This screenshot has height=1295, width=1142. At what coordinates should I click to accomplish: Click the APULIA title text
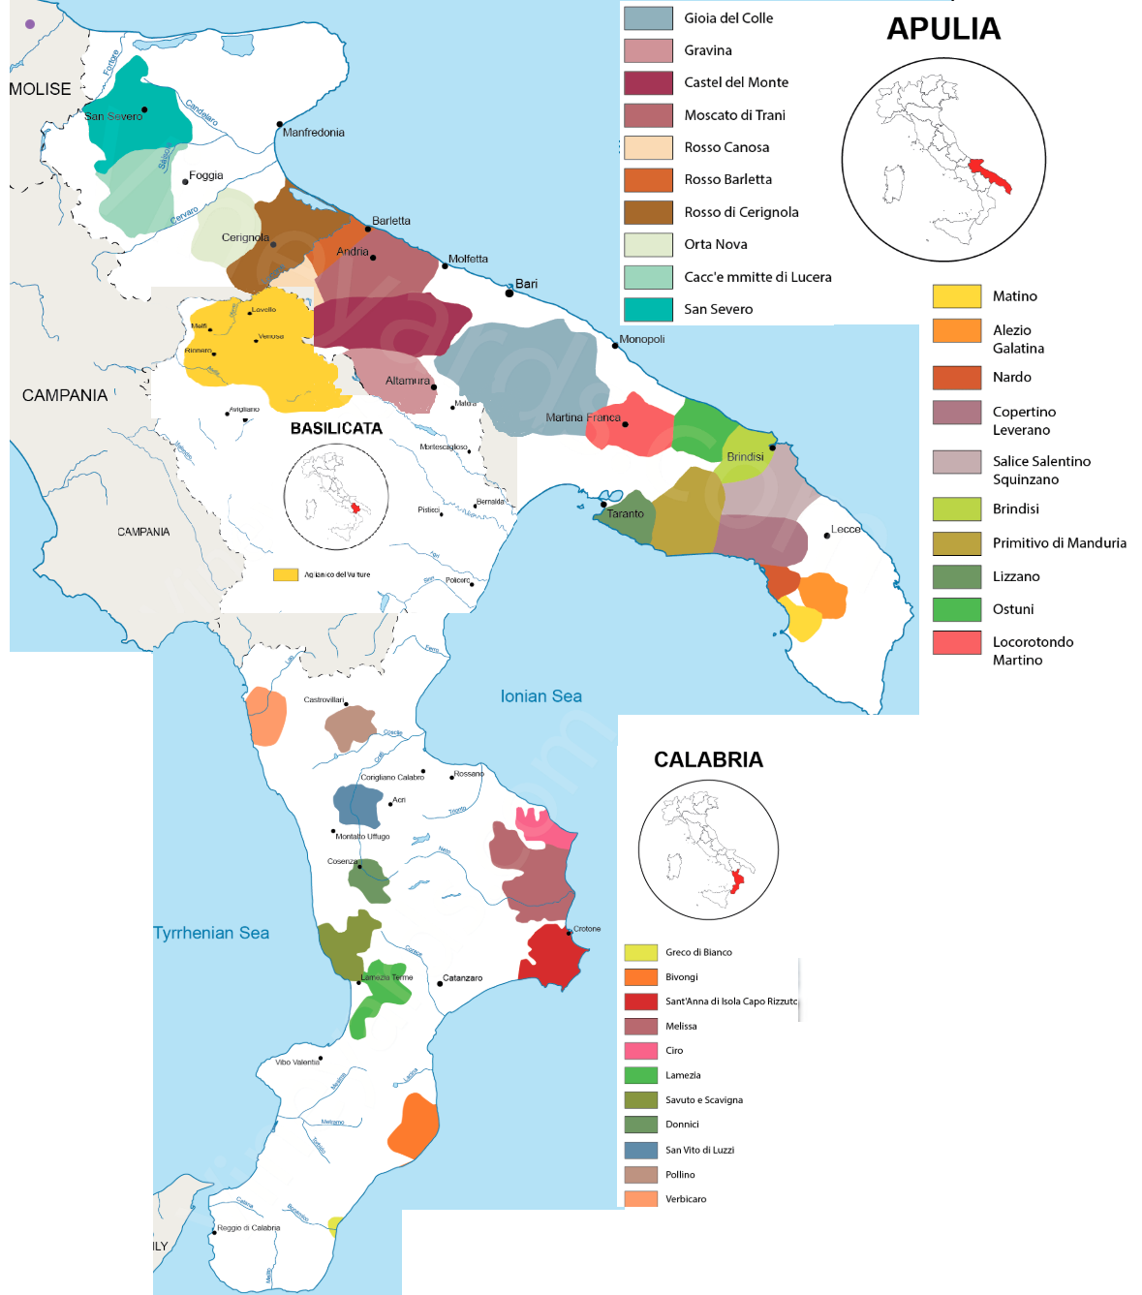click(x=943, y=29)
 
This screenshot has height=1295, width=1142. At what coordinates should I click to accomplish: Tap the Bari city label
click(x=526, y=284)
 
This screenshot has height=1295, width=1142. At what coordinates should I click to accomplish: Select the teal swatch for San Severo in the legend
click(x=648, y=309)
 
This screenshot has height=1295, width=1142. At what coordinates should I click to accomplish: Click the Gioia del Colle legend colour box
click(x=648, y=18)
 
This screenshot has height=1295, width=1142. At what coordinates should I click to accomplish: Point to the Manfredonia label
click(x=313, y=133)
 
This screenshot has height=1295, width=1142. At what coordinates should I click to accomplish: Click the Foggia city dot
click(x=185, y=181)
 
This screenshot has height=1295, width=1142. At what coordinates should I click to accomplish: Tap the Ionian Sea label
click(x=540, y=696)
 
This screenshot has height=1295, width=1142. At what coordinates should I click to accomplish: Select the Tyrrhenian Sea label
click(x=211, y=933)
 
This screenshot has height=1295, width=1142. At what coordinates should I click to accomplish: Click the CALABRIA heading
click(x=708, y=759)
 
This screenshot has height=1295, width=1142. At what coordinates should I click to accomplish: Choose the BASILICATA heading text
click(x=336, y=428)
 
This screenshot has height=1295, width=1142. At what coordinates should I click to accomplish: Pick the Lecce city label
click(x=846, y=530)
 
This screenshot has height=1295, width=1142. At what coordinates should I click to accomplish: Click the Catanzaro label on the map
click(x=462, y=978)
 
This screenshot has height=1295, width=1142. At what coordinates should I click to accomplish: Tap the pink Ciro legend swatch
click(x=641, y=1051)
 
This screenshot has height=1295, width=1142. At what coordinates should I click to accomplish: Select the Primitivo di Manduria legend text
click(x=1059, y=543)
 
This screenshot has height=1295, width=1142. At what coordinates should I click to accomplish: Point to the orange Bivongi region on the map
click(x=415, y=1125)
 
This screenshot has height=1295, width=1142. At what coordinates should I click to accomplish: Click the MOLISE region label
click(x=40, y=89)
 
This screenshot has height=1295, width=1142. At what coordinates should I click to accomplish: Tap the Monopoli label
click(x=641, y=339)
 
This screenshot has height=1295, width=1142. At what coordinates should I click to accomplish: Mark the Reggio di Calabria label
click(x=248, y=1228)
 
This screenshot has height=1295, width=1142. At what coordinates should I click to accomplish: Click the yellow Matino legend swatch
click(x=956, y=296)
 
